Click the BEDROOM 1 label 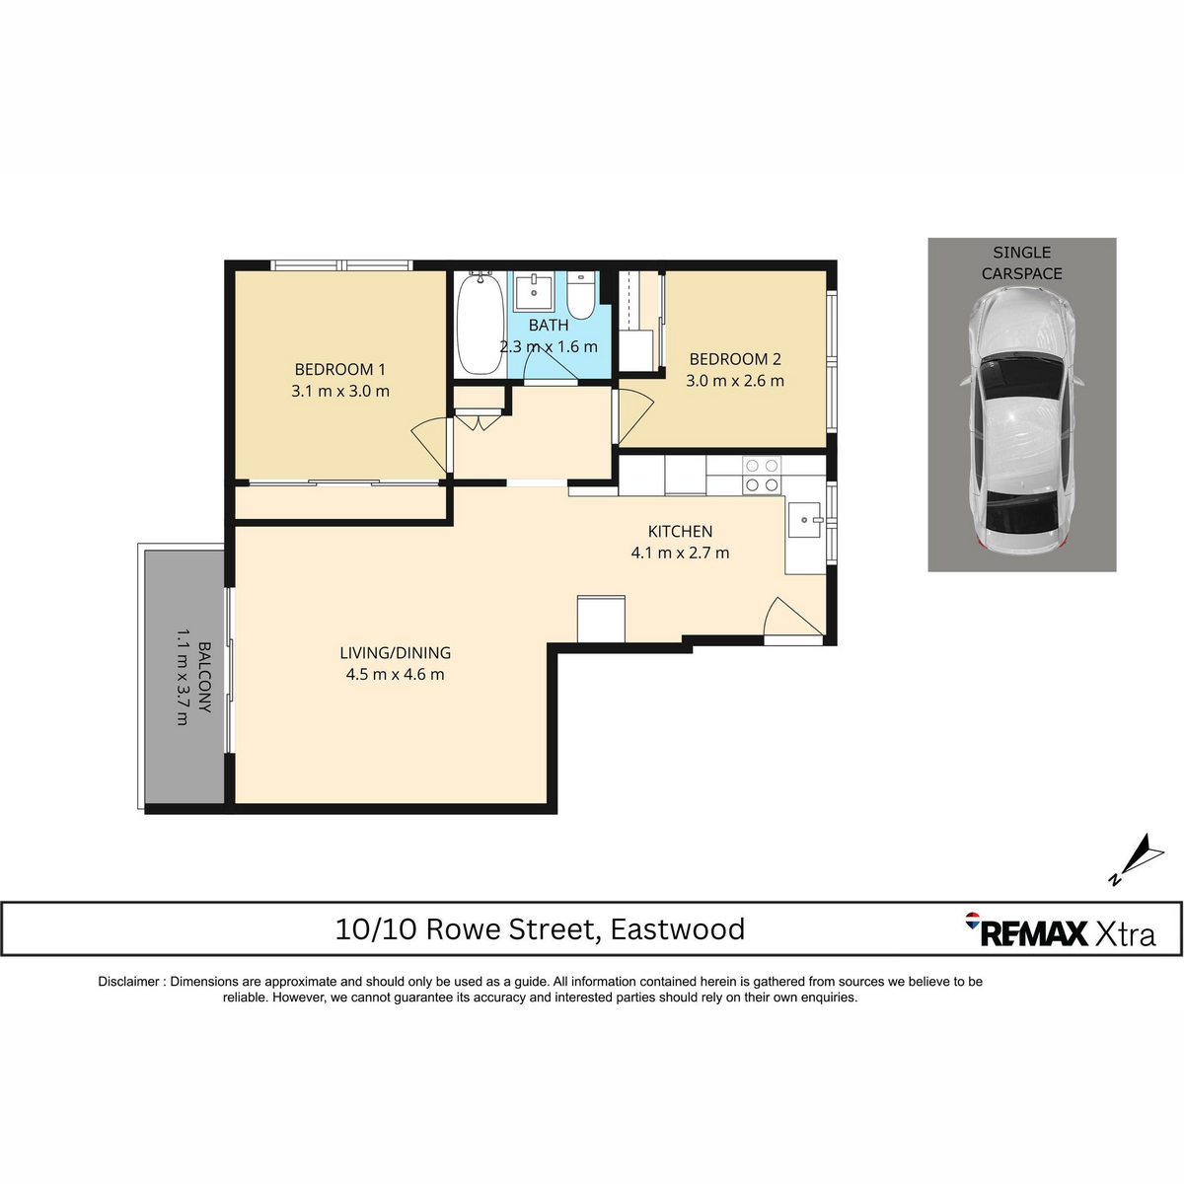339,369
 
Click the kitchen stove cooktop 761,475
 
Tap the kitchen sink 804,518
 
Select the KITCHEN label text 680,532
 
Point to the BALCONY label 205,677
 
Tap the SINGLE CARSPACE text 1021,263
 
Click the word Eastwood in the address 677,929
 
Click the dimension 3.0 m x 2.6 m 735,381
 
